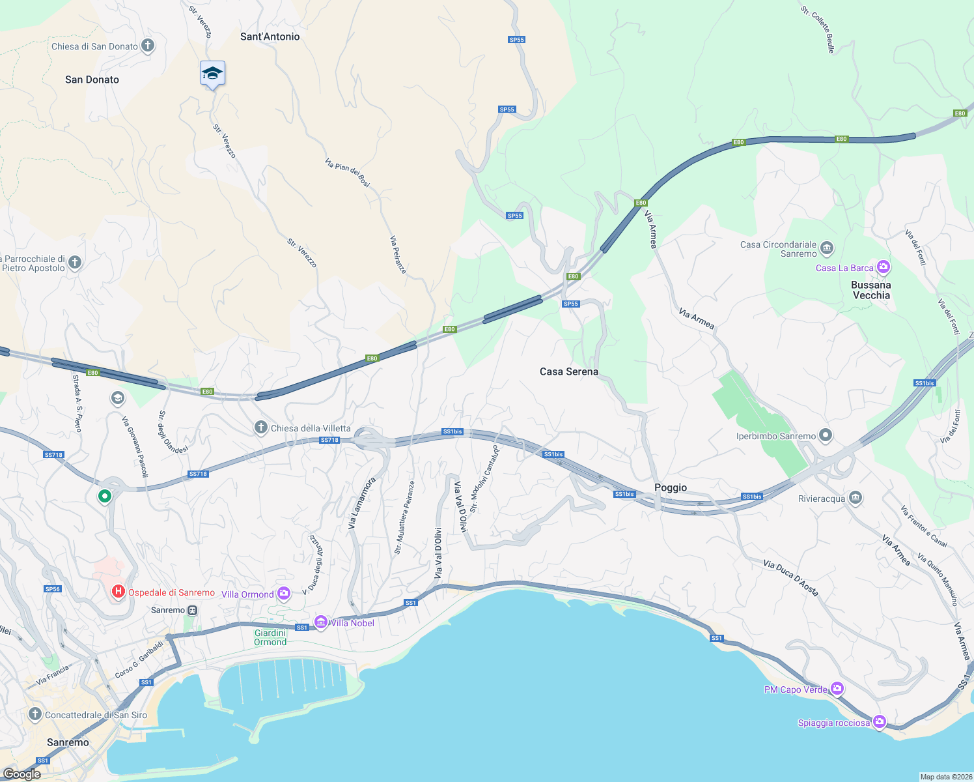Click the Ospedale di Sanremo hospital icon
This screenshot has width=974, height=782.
pos(118,592)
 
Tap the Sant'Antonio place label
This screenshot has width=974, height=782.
pos(270,36)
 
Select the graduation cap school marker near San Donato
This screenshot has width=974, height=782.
pos(212,74)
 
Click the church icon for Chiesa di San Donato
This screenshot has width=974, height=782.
pos(148,46)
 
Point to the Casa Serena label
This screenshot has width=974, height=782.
pos(568,371)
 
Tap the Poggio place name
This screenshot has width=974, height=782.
pos(670,487)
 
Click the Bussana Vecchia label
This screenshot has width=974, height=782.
pos(870,290)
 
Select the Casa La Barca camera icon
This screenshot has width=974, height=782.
pos(883,267)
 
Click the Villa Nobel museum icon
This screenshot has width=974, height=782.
pos(320,622)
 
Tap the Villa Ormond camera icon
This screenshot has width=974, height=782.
pos(283,593)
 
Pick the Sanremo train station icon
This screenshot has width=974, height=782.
pos(192,610)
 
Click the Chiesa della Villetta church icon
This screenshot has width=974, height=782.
pos(260,427)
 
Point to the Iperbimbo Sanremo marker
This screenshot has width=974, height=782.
pos(826,435)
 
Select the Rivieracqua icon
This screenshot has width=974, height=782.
pos(856,499)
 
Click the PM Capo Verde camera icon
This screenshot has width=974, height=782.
pos(837,689)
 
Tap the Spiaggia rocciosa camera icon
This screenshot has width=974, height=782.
pos(880,721)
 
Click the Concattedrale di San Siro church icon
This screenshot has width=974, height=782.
pos(35,714)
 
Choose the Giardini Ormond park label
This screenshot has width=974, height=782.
pos(270,637)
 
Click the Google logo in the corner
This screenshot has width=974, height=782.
pos(22,774)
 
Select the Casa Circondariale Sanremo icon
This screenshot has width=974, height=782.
pos(827,248)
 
